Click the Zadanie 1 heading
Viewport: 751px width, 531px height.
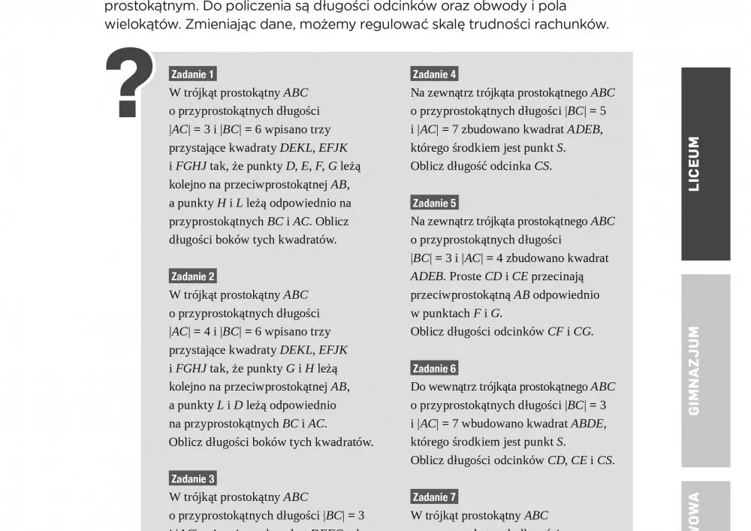(x=193, y=74)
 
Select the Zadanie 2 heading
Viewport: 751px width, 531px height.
(x=193, y=276)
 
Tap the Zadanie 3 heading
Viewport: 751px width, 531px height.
(x=193, y=478)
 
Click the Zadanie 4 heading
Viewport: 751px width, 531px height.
(x=434, y=74)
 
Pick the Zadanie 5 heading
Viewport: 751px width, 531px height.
(x=434, y=203)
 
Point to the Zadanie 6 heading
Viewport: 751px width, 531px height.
(x=434, y=368)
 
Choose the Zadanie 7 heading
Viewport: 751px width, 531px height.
(x=434, y=496)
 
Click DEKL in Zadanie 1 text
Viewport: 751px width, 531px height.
(x=296, y=148)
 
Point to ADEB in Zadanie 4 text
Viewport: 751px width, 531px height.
(x=584, y=129)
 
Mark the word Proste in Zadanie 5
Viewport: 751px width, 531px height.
(x=465, y=276)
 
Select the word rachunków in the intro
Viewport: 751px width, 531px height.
(x=575, y=24)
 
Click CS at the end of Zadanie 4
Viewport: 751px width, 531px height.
(x=541, y=166)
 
